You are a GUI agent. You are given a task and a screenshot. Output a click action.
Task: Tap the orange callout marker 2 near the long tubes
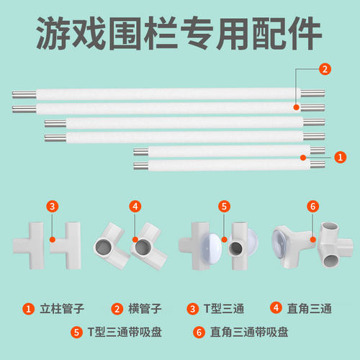point(325,70)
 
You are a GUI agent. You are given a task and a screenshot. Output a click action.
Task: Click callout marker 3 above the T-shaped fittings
point(52,206)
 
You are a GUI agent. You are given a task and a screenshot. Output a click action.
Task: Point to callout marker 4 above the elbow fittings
point(135,206)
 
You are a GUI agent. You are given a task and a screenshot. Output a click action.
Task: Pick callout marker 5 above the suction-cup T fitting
point(225,206)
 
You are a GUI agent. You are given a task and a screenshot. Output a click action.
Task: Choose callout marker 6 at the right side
point(312,206)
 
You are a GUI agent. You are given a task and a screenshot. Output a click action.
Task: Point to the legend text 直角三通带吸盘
point(246,333)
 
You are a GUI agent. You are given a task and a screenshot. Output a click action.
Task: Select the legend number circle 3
point(192,310)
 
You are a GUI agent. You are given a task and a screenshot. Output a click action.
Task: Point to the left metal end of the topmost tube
point(20,93)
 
